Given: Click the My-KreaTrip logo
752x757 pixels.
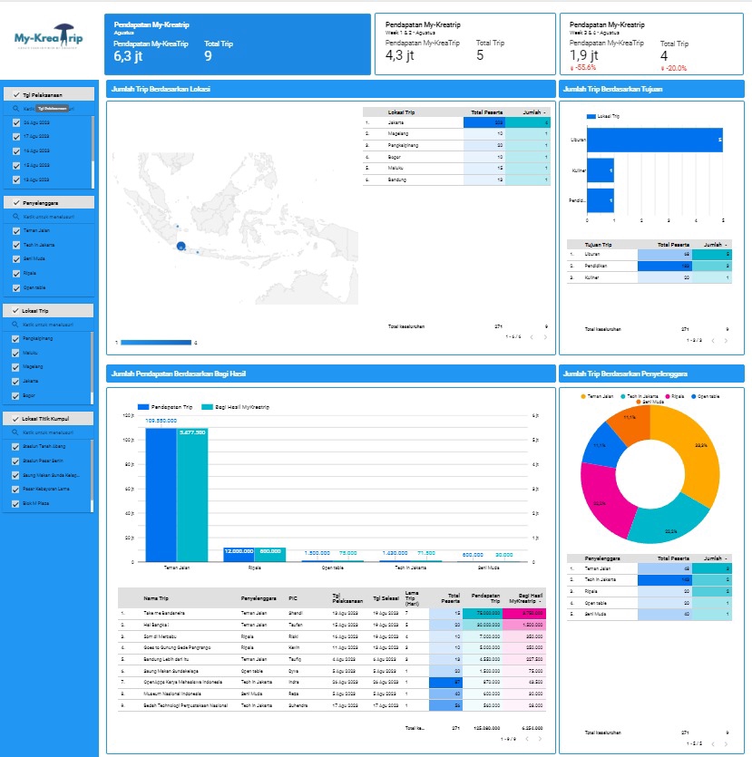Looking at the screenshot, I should pos(49,40).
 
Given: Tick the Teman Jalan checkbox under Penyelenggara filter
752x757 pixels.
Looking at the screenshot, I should pos(16,230).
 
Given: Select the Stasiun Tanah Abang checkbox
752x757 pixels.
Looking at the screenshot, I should pos(16,446).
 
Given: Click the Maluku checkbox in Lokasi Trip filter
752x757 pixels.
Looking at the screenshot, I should pos(16,353).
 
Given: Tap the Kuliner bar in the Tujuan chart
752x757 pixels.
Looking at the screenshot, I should pos(601,170).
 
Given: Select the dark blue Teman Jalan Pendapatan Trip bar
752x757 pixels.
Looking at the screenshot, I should pos(161,494).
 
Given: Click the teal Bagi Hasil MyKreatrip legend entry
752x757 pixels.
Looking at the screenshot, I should pos(234,407).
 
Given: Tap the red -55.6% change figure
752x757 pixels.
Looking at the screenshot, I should pos(583,68).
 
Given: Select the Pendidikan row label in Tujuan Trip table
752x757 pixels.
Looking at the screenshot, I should pos(598,266).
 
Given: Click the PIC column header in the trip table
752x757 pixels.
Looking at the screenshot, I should pos(294,598).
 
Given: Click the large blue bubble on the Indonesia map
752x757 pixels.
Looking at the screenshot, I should pos(181,247).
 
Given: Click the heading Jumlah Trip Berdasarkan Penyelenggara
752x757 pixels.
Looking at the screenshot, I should pos(626,373).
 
